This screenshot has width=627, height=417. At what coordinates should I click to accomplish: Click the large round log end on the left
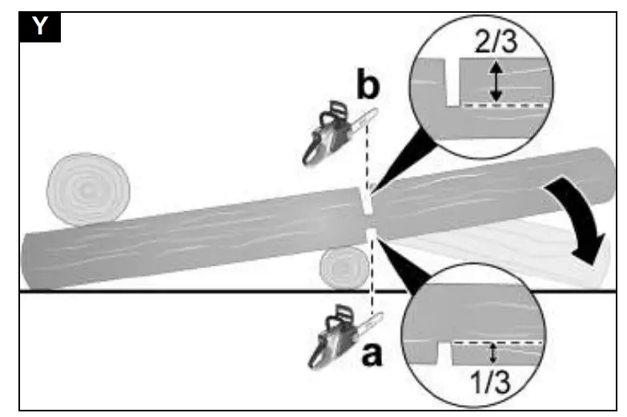tap(88, 188)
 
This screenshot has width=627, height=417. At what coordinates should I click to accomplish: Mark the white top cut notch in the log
tap(364, 198)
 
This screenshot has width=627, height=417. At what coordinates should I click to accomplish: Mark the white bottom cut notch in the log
tap(371, 235)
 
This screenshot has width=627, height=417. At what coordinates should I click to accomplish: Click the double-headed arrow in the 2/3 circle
tap(497, 82)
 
